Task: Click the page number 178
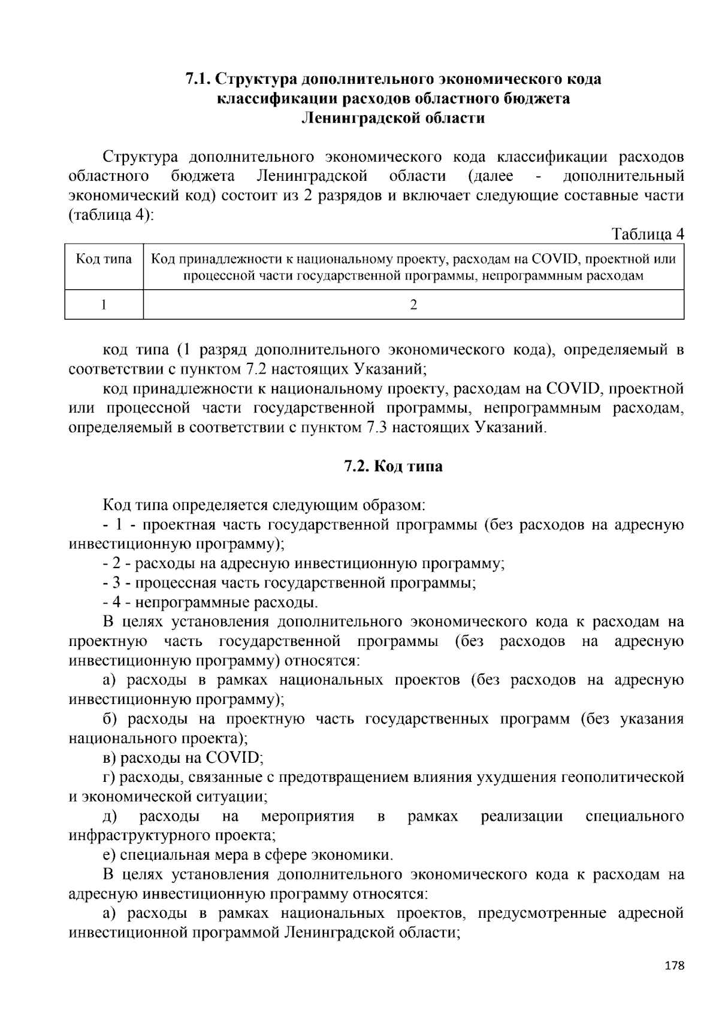pos(674,966)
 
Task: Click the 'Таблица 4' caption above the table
pos(647,234)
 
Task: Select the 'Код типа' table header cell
pos(104,259)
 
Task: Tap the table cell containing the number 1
pos(104,305)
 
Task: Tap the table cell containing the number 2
pos(413,305)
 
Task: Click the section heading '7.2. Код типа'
pos(393,466)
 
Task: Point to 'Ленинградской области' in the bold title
pos(393,118)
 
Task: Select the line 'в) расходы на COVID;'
pos(183,758)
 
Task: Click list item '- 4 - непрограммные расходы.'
pos(210,602)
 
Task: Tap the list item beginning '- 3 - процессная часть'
pos(289,583)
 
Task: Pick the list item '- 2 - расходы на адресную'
pos(304,563)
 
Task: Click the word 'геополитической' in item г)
pos(622,777)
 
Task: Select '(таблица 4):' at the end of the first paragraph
pos(111,215)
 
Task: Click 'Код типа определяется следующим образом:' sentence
pos(264,505)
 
